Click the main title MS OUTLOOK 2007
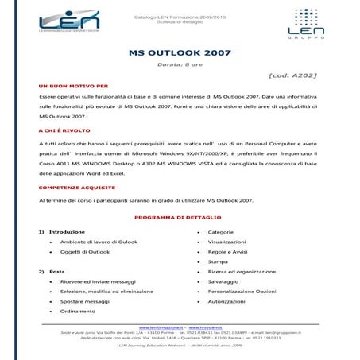click(x=179, y=53)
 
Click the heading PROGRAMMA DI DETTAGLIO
click(x=179, y=216)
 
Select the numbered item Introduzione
click(x=67, y=231)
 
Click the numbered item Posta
click(x=57, y=272)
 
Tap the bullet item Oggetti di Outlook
click(x=85, y=251)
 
